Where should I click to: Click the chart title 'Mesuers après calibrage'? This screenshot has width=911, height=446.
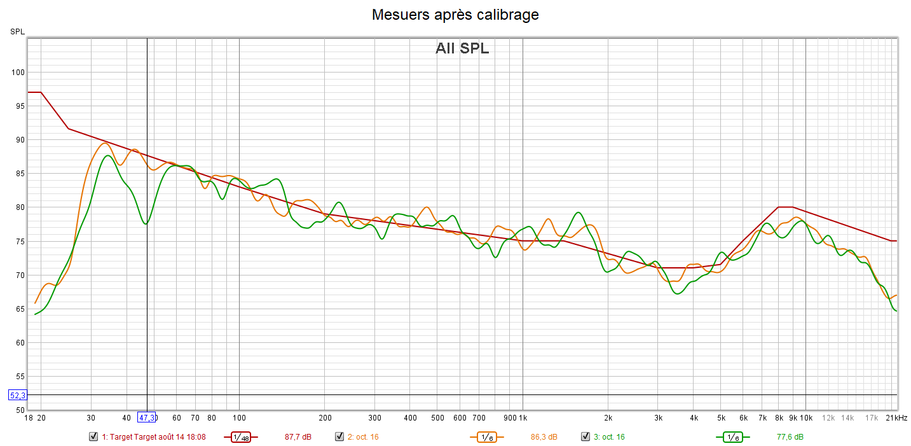tap(455, 15)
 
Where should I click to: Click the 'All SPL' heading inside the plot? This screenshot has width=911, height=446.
tap(462, 48)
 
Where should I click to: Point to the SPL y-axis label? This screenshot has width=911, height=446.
tap(17, 31)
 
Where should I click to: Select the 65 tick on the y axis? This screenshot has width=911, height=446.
tap(19, 309)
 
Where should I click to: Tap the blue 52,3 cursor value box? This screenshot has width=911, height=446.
tap(17, 395)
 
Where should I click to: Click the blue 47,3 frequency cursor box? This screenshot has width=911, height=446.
tap(147, 417)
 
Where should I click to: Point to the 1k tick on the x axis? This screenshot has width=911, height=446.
tap(523, 418)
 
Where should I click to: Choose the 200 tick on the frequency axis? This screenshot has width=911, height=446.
tap(324, 418)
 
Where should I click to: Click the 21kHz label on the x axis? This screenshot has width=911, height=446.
tap(897, 418)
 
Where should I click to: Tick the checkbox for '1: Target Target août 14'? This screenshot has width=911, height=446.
tap(93, 436)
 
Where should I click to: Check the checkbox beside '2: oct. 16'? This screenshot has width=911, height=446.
tap(339, 436)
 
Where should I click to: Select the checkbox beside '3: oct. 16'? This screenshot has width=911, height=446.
tap(586, 436)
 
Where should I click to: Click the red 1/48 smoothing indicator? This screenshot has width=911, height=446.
tap(241, 437)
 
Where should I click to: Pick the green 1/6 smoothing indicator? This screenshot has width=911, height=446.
tap(732, 437)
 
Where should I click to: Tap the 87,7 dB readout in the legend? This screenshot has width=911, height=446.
tap(298, 437)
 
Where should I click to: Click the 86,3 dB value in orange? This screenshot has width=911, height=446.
tap(544, 437)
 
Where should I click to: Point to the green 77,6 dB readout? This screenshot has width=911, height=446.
tap(790, 437)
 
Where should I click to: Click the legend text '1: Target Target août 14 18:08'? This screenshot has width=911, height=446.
tap(154, 437)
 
